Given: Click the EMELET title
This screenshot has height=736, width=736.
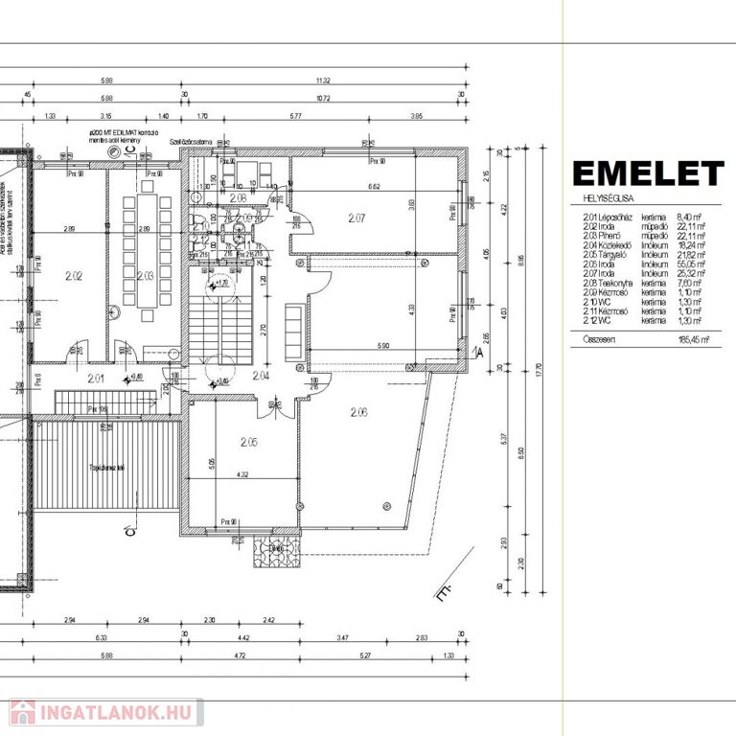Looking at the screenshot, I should pos(648,173).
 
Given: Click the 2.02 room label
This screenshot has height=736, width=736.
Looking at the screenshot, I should pos(73,277).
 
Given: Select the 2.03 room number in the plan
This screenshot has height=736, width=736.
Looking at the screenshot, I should pos(146,276).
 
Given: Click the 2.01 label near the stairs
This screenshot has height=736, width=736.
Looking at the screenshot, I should pos(96,379).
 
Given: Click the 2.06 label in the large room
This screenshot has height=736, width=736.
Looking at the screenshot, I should pos(359,412).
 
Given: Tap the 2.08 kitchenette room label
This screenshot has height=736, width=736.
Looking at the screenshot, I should pos(238,197).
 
